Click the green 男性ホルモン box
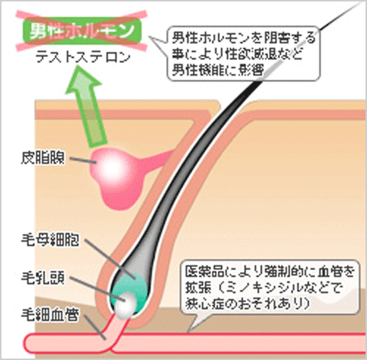pos(82,31)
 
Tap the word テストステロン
pos(83,58)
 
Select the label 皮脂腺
pos(43,158)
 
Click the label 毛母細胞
pos(50,240)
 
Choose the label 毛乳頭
pos(43,278)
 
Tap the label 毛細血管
pos(50,314)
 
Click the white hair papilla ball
pos(126,306)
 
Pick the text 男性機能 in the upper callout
pos(197,70)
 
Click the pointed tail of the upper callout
pos(150,37)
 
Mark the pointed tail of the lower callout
pos(188,332)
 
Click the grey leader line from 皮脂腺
pos(83,160)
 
